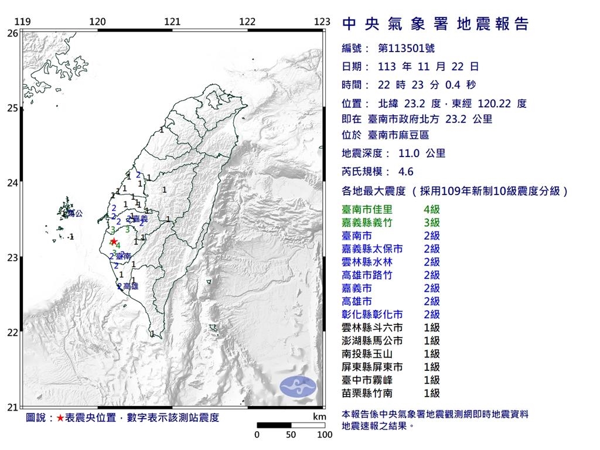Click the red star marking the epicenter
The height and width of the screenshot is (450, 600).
(113, 241)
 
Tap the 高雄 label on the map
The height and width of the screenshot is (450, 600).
(131, 287)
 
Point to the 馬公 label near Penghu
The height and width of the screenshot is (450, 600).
(76, 214)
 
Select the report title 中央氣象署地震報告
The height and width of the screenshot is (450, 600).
(435, 24)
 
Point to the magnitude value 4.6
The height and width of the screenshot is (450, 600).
(405, 172)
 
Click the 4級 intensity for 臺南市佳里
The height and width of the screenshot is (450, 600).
(431, 209)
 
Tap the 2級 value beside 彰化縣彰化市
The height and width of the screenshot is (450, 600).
(431, 315)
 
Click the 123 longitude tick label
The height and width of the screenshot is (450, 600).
(322, 22)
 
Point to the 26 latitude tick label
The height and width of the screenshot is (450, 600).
(12, 33)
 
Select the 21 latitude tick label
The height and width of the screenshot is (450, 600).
(12, 407)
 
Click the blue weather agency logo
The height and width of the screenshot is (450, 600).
(298, 385)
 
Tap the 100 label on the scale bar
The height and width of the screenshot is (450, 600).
(324, 435)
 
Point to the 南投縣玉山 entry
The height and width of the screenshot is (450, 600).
(367, 354)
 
